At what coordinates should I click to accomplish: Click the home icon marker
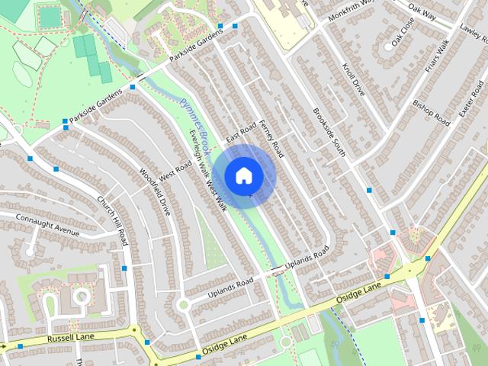(243, 175)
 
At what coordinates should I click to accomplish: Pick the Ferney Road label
(271, 138)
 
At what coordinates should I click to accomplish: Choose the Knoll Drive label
(355, 84)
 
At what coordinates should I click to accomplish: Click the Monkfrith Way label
(352, 12)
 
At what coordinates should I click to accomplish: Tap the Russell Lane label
(70, 335)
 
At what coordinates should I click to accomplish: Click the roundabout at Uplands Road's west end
(183, 305)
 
